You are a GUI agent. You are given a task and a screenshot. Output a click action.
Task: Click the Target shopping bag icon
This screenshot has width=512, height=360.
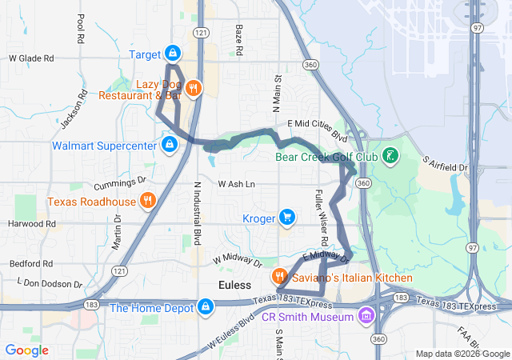coord(172,54)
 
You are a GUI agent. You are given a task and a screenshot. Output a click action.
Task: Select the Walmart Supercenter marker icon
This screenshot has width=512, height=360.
coord(169,145)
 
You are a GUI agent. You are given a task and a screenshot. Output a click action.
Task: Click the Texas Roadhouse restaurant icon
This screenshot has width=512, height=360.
coord(147,200)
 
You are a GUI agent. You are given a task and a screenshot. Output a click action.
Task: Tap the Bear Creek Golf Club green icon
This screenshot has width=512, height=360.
coord(389,156)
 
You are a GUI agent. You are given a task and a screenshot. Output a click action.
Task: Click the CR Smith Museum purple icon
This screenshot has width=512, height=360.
coord(366,314)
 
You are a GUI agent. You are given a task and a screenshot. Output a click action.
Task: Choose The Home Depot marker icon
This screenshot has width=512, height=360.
coord(206,306)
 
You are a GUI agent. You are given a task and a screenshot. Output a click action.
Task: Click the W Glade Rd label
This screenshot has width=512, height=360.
coord(31,58)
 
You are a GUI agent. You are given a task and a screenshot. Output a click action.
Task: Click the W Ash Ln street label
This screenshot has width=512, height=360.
coord(237,184)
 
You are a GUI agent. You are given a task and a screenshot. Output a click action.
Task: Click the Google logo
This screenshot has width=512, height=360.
coord(26,350)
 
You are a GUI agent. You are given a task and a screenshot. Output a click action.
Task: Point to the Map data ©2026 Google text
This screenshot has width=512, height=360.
coord(462,354)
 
